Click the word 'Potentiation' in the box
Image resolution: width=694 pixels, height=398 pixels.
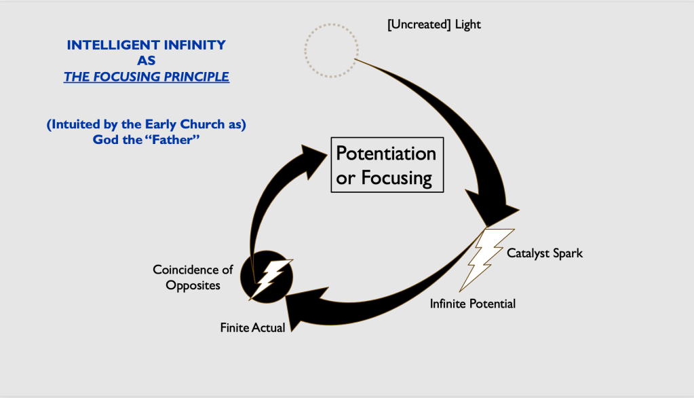386,153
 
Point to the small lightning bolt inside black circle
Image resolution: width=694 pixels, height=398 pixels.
271,277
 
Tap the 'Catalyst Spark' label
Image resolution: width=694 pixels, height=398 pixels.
545,253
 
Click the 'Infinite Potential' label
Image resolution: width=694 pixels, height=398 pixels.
472,304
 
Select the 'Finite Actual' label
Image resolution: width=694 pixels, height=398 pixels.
252,327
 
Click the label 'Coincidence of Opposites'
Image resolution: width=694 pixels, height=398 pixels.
193,277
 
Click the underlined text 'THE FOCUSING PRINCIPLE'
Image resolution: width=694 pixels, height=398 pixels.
146,77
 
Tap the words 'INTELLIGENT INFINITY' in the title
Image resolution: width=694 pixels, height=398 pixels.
146,46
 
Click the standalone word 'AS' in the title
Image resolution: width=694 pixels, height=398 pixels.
146,60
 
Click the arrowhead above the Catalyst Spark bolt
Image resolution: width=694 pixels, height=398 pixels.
502,210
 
